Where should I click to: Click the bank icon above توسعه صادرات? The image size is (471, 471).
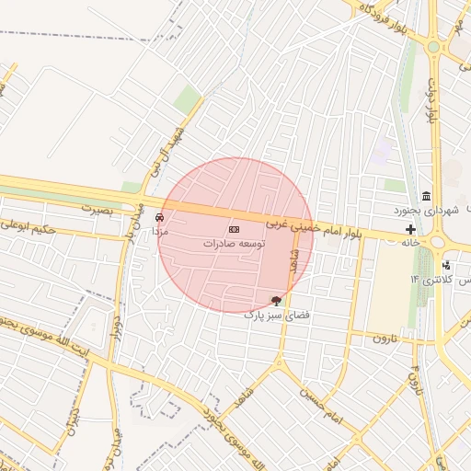(x=234, y=228)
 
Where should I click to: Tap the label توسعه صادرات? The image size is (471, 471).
(x=234, y=244)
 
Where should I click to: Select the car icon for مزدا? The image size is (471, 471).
(x=160, y=218)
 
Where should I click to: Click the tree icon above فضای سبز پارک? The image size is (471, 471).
(x=276, y=301)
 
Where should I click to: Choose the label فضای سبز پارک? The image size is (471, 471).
(x=273, y=315)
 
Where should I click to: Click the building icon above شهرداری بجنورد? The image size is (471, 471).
(x=426, y=196)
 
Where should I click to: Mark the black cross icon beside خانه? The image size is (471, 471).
(x=410, y=228)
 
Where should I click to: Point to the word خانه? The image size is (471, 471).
(x=410, y=242)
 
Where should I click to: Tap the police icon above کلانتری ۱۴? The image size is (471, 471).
(x=446, y=265)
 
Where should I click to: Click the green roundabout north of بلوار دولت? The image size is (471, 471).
(x=432, y=44)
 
